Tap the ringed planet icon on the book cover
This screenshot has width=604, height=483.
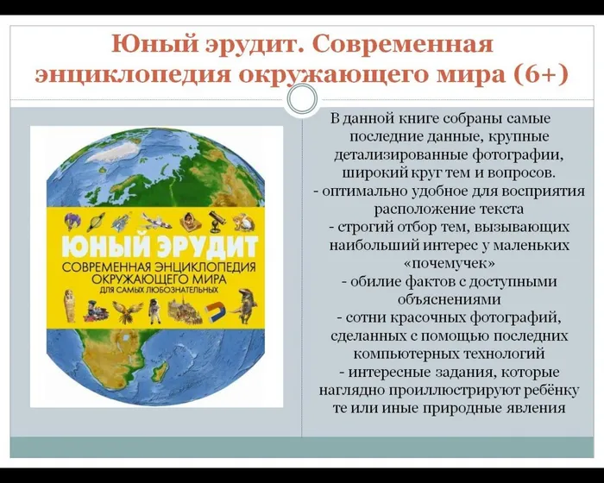tap(95, 222)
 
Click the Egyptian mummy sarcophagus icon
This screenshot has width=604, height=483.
tap(69, 305)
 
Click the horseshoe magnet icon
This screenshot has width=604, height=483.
tap(214, 311)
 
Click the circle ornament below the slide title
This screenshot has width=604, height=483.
tap(303, 99)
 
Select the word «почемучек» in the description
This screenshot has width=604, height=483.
tap(450, 264)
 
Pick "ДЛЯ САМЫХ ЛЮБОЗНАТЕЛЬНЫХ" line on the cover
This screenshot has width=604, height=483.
tap(159, 289)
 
